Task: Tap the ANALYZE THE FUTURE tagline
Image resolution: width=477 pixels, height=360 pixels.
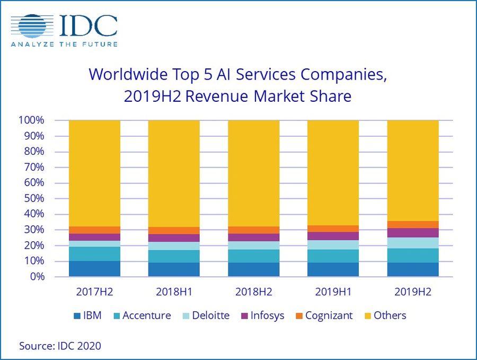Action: click(64, 44)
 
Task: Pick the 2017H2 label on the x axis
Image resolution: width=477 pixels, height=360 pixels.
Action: click(94, 292)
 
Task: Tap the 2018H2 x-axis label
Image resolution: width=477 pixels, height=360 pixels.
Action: click(253, 292)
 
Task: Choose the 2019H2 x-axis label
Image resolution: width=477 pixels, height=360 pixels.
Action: click(412, 292)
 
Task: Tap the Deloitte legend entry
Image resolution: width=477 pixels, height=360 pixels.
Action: click(204, 315)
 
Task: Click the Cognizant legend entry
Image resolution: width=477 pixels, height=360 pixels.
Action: click(323, 315)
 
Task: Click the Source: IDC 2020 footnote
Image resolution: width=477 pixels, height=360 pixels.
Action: click(60, 346)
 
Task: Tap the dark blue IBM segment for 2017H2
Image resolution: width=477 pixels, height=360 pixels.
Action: click(94, 269)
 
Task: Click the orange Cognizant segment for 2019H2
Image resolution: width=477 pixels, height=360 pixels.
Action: click(413, 225)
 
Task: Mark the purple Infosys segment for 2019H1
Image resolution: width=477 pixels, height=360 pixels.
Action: click(333, 236)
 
